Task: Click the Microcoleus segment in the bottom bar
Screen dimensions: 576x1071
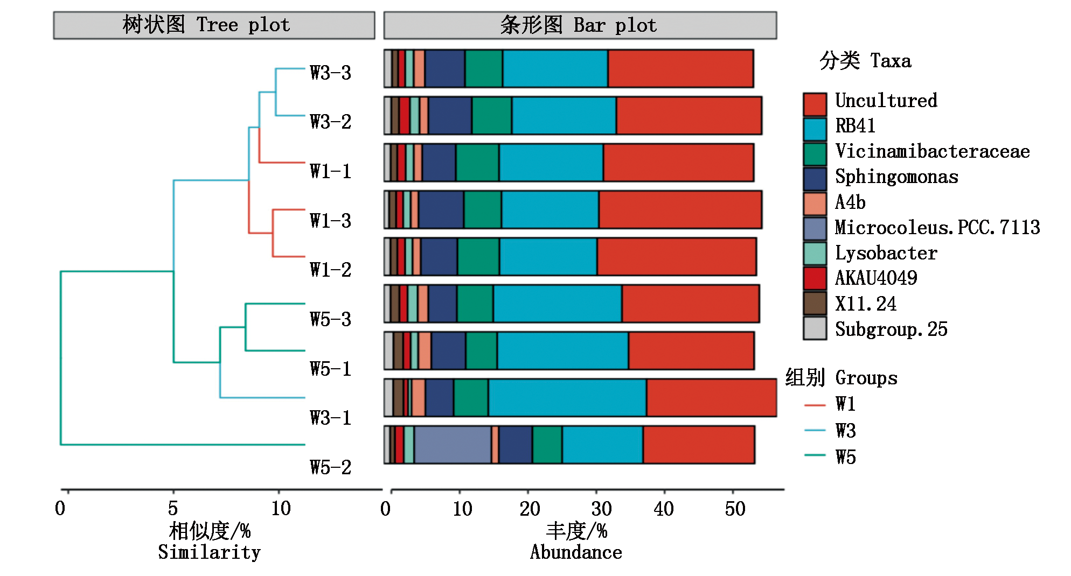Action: pyautogui.click(x=453, y=445)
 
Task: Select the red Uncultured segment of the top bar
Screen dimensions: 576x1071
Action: pyautogui.click(x=680, y=68)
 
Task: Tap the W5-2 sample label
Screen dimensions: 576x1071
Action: pyautogui.click(x=330, y=467)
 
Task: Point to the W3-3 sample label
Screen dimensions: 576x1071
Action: pyautogui.click(x=330, y=73)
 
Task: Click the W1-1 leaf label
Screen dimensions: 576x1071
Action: pyautogui.click(x=330, y=171)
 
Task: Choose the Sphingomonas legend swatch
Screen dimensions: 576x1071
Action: pyautogui.click(x=815, y=179)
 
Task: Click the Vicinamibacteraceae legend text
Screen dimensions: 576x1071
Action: pyautogui.click(x=932, y=151)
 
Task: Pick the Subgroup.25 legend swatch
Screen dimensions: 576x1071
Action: pyautogui.click(x=815, y=328)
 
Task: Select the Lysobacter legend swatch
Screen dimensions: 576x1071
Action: pyautogui.click(x=815, y=254)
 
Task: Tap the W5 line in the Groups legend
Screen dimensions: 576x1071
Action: pyautogui.click(x=815, y=455)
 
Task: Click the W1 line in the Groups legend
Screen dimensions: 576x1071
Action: pyautogui.click(x=815, y=405)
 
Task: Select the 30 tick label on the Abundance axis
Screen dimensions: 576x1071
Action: pyautogui.click(x=601, y=509)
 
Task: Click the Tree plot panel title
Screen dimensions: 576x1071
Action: pyautogui.click(x=214, y=25)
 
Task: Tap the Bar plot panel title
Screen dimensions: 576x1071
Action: pyautogui.click(x=580, y=25)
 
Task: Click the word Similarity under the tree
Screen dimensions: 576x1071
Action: pyautogui.click(x=209, y=552)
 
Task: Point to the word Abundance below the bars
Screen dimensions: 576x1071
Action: pyautogui.click(x=576, y=552)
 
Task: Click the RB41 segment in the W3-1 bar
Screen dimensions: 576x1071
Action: pyautogui.click(x=567, y=398)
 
